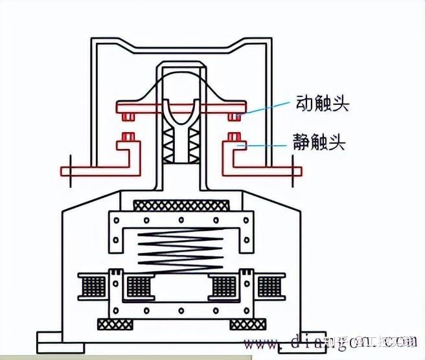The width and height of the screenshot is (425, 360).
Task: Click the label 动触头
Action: pos(323,104)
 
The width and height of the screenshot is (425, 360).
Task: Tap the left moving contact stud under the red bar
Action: pos(129,117)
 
